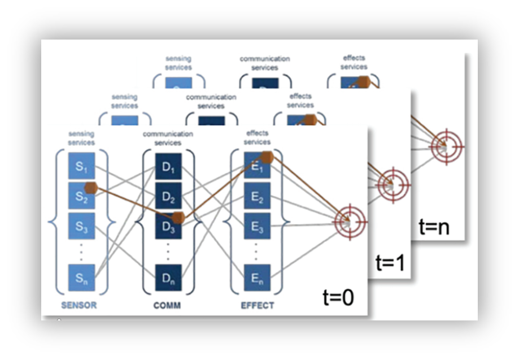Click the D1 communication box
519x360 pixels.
point(168,167)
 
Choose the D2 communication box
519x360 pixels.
point(168,197)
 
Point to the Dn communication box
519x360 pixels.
point(168,277)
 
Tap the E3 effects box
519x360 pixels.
point(257,227)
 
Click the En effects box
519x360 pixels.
point(257,277)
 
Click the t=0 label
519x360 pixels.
point(338,297)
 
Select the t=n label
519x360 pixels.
point(434,227)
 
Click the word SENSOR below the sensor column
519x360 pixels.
point(78,306)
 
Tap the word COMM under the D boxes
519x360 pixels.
point(168,306)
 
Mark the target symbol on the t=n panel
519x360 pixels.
point(447,146)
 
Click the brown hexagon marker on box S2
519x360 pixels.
point(90,188)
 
